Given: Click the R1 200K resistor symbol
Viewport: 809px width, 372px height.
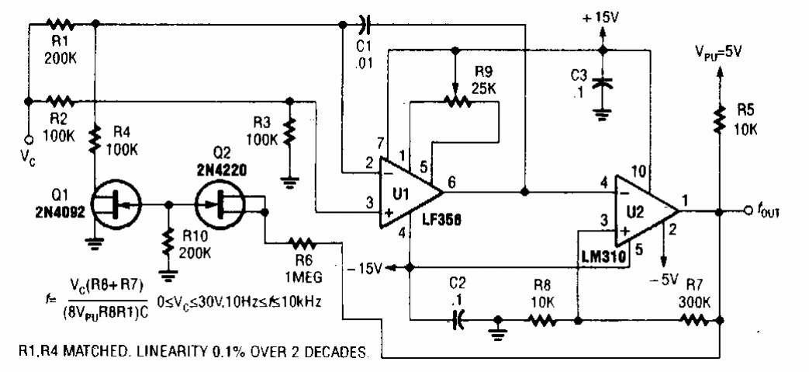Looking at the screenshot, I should click(60, 23).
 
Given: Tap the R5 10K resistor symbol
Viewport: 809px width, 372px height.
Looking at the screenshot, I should click(721, 116).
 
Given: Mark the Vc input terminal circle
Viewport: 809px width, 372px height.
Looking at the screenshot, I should click(28, 140).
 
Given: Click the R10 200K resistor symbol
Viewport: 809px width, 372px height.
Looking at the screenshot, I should click(168, 242).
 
